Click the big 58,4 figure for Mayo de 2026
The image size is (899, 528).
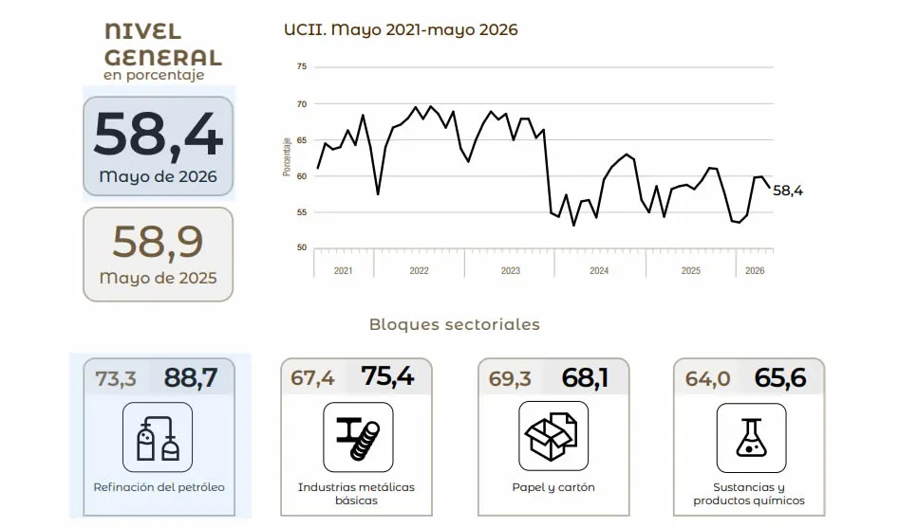(x=158, y=135)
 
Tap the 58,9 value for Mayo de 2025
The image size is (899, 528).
(x=158, y=242)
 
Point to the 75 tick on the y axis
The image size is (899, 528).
(x=302, y=66)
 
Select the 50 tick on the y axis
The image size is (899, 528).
(x=302, y=247)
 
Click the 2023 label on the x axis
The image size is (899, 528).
(x=511, y=270)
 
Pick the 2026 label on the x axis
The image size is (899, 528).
(x=755, y=270)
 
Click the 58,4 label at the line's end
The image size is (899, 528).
(x=788, y=191)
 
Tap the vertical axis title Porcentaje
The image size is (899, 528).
(x=287, y=157)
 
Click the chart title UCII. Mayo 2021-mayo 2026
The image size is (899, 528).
(x=401, y=29)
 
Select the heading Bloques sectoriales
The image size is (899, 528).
(x=455, y=324)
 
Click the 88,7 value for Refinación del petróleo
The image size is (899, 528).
(x=191, y=378)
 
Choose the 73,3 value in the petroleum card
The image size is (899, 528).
(x=116, y=378)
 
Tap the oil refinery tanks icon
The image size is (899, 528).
(x=158, y=437)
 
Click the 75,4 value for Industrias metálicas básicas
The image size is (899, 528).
(x=387, y=376)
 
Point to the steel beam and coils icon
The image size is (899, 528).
(x=358, y=438)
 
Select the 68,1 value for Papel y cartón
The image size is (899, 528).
(x=585, y=378)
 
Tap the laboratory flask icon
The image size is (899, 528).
(x=751, y=438)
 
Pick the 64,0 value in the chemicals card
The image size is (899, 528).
(x=707, y=378)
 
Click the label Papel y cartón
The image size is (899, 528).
(x=553, y=487)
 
